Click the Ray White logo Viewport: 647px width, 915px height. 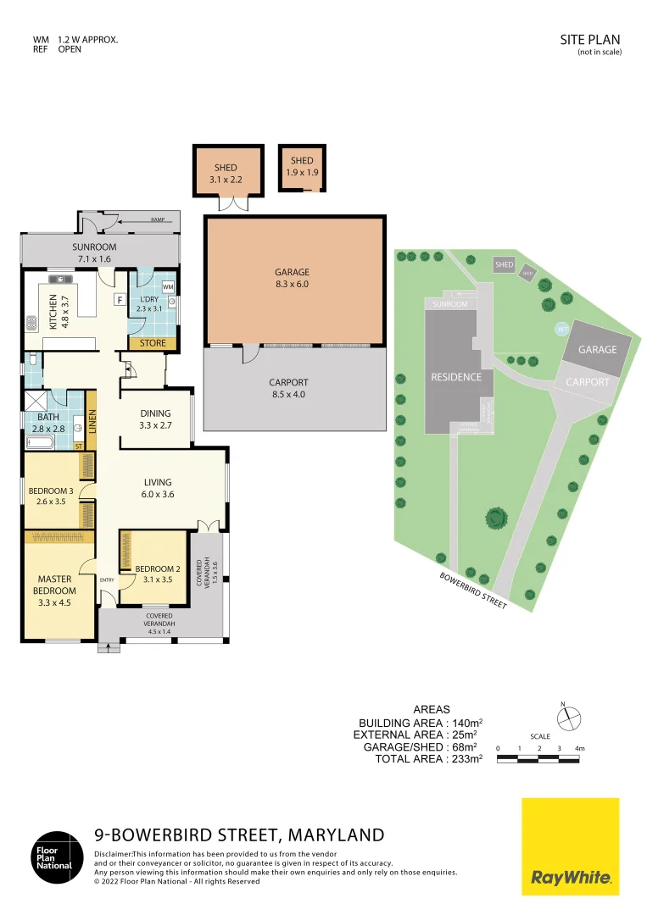(x=570, y=847)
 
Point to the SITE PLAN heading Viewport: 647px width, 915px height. (x=590, y=40)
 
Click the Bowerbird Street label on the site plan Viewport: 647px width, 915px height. (x=473, y=591)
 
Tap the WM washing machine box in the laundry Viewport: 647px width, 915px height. (x=167, y=287)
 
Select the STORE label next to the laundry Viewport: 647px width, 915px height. (x=153, y=344)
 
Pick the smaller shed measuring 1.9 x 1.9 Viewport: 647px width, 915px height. (x=302, y=167)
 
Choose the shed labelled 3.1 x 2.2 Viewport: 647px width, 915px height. (x=226, y=173)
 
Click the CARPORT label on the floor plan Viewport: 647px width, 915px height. (x=288, y=388)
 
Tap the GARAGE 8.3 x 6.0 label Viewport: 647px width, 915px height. (x=292, y=279)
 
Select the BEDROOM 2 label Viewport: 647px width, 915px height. (x=153, y=574)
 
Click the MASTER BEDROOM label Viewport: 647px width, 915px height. (x=57, y=585)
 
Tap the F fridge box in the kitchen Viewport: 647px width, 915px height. (x=120, y=299)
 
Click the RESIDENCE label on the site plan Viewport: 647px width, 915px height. (x=456, y=377)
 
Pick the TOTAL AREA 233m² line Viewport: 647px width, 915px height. (x=428, y=759)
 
